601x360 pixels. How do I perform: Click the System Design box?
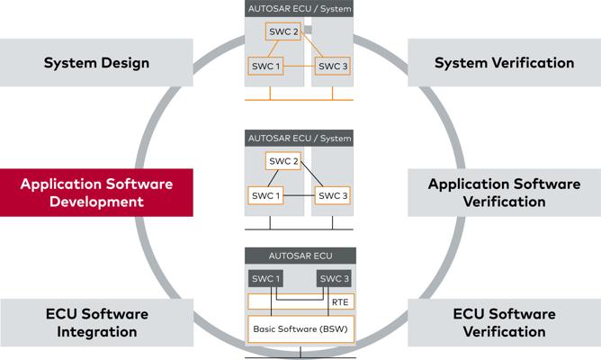point(96,62)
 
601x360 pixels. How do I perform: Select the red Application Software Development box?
point(96,193)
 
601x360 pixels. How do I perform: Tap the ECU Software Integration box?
point(97,323)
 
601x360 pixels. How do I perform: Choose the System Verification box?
point(505,62)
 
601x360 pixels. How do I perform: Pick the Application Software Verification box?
point(505,193)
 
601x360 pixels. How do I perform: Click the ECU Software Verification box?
point(505,323)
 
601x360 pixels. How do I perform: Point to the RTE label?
point(340,302)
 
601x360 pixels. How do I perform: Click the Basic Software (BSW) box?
point(300,329)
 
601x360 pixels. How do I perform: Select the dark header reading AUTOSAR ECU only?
point(300,256)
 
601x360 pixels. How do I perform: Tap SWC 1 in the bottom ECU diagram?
point(265,279)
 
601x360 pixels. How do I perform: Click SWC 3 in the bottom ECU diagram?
point(334,279)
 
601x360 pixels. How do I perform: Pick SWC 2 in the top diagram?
point(283,31)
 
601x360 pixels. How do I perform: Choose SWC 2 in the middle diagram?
point(283,161)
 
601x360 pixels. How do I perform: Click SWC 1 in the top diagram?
point(265,66)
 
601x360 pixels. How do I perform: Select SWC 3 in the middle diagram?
point(333,195)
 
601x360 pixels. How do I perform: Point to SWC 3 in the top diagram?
point(333,66)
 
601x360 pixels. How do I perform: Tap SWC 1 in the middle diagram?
point(265,195)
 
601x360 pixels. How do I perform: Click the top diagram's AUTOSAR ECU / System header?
point(299,8)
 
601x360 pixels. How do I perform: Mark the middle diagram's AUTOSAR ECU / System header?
point(299,138)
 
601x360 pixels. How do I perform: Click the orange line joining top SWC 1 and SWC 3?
point(299,66)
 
